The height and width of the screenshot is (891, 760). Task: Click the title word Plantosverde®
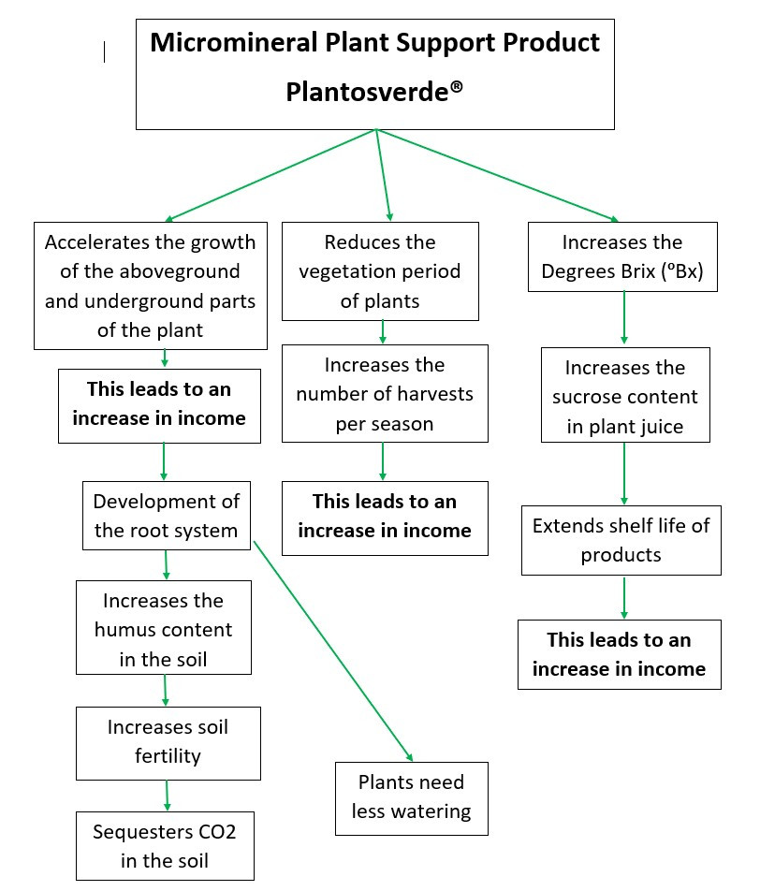(x=374, y=93)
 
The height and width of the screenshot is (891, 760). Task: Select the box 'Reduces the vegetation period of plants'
(x=380, y=271)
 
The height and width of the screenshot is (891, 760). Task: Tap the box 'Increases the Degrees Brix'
(x=622, y=257)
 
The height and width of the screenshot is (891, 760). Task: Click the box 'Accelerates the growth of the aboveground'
(x=150, y=285)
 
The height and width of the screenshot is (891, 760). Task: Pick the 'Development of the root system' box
(x=167, y=516)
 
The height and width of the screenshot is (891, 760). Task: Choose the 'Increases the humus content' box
(x=164, y=629)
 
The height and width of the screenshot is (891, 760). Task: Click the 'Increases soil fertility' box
(x=168, y=741)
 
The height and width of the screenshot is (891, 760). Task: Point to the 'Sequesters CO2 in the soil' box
(x=165, y=846)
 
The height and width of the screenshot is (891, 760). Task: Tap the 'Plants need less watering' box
(x=411, y=796)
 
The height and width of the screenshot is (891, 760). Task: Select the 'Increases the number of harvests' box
(x=385, y=393)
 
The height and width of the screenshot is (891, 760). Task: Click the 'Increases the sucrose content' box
(x=624, y=397)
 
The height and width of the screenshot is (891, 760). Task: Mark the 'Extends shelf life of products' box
(x=621, y=540)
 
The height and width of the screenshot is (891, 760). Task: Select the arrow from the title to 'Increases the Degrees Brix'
(x=496, y=175)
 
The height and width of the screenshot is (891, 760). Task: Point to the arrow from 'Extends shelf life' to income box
(x=624, y=597)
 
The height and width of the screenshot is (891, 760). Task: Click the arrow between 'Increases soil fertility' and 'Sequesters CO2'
(x=168, y=796)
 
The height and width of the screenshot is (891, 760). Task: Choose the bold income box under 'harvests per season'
(x=385, y=517)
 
